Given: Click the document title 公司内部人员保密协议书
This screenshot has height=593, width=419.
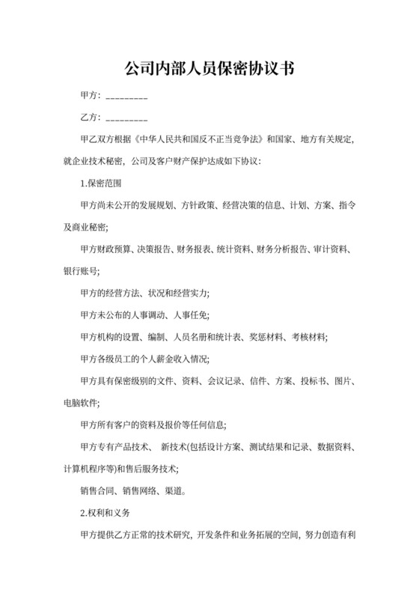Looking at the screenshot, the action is (209, 69).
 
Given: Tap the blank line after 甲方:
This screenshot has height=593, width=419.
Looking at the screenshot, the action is (127, 97).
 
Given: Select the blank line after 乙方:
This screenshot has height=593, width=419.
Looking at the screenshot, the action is (127, 118).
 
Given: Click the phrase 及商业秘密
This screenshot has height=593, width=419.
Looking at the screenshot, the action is (85, 226).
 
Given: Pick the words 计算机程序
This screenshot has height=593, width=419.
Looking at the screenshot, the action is (85, 469).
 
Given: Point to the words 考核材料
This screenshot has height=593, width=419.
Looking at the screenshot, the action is (308, 335).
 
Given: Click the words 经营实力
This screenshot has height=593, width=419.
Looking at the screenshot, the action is (191, 291).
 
